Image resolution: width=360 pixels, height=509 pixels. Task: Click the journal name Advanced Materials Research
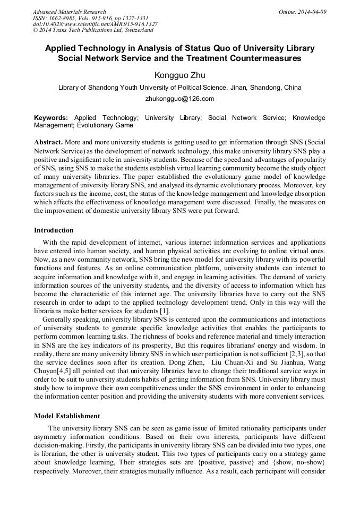pyautogui.click(x=69, y=12)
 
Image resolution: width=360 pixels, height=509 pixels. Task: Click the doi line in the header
pyautogui.click(x=95, y=24)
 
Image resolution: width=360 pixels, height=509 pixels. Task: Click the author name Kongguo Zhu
pyautogui.click(x=179, y=75)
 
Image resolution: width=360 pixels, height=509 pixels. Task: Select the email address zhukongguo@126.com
pyautogui.click(x=179, y=99)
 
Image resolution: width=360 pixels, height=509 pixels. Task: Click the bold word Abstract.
pyautogui.click(x=49, y=143)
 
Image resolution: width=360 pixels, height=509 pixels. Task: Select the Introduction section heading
pyautogui.click(x=54, y=230)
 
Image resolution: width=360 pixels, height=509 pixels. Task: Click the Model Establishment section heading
pyautogui.click(x=66, y=416)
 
